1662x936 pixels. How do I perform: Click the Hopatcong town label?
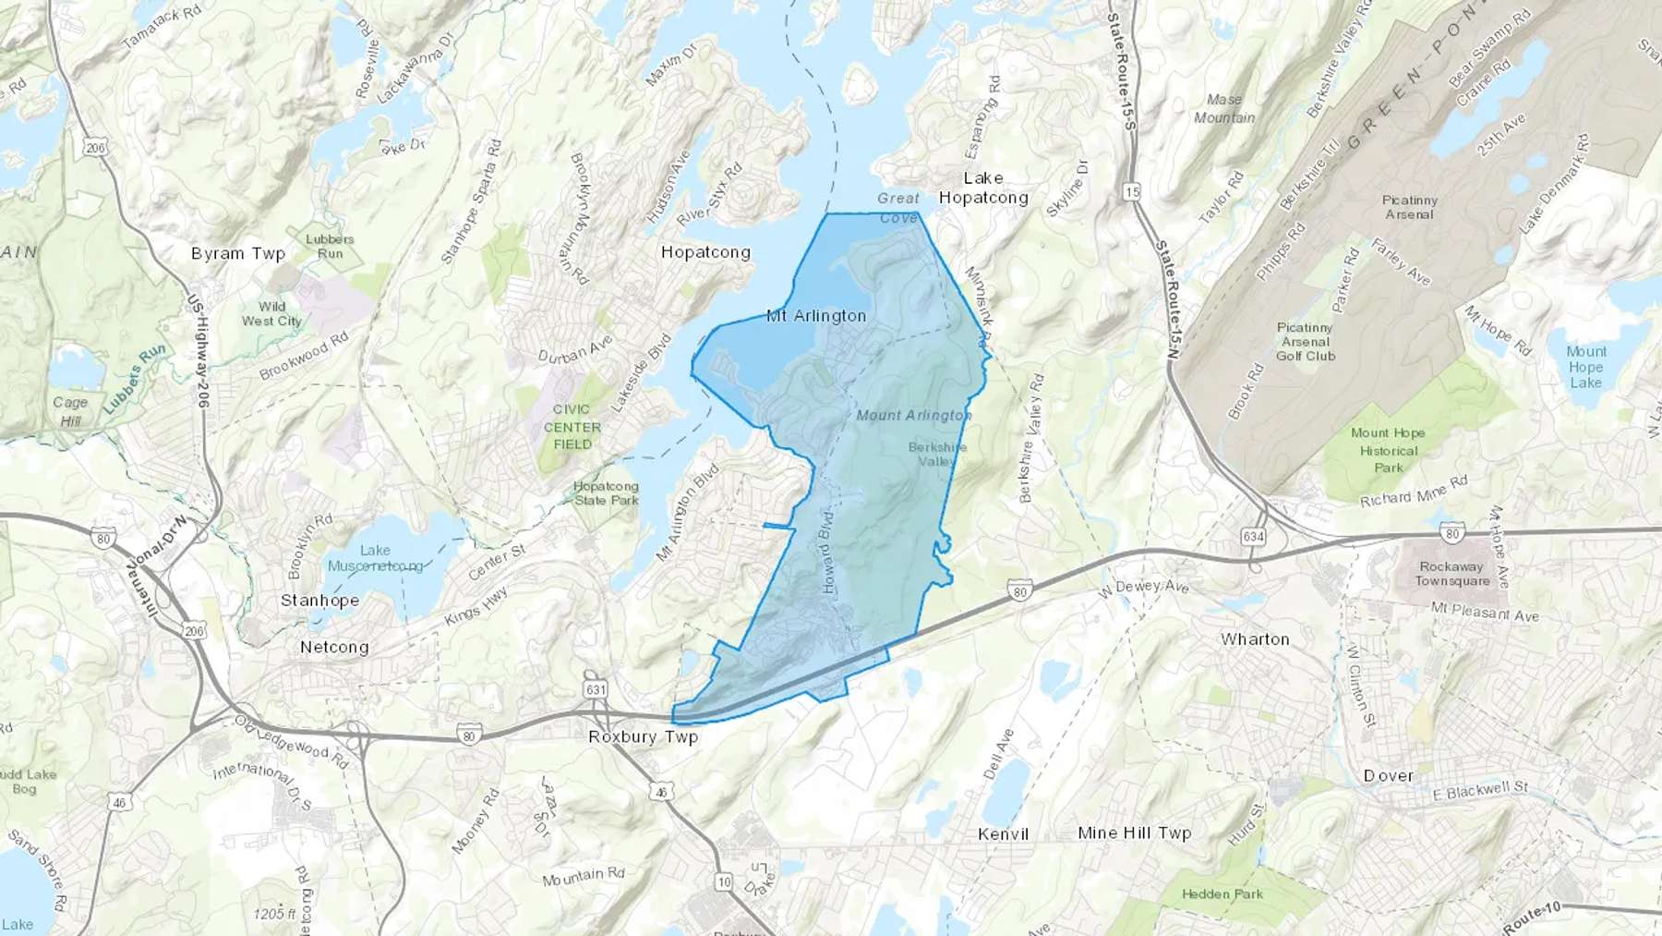click(x=705, y=252)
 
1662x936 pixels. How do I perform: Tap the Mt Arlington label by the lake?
click(x=816, y=316)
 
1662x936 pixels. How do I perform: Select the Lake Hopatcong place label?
click(x=983, y=188)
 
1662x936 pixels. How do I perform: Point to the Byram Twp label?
click(x=238, y=253)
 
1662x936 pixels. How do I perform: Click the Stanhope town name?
click(x=319, y=601)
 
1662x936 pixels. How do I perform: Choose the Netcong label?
click(x=334, y=648)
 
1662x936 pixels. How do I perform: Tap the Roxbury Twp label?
click(x=644, y=737)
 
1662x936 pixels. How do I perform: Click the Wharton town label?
click(x=1255, y=639)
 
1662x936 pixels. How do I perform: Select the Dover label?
click(x=1389, y=776)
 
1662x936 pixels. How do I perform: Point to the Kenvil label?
click(x=1003, y=834)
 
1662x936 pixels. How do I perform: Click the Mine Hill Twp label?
click(x=1135, y=833)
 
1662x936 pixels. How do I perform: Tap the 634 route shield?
click(x=1253, y=536)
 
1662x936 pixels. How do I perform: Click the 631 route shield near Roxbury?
click(x=596, y=689)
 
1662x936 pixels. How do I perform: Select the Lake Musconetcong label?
click(x=375, y=558)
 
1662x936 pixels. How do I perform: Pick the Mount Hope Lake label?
click(x=1586, y=367)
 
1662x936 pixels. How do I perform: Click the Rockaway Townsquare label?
click(x=1452, y=574)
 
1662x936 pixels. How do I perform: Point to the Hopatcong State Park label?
click(x=606, y=493)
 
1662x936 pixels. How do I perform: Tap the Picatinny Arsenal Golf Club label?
click(x=1306, y=342)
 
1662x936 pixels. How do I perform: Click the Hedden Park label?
click(x=1222, y=893)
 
